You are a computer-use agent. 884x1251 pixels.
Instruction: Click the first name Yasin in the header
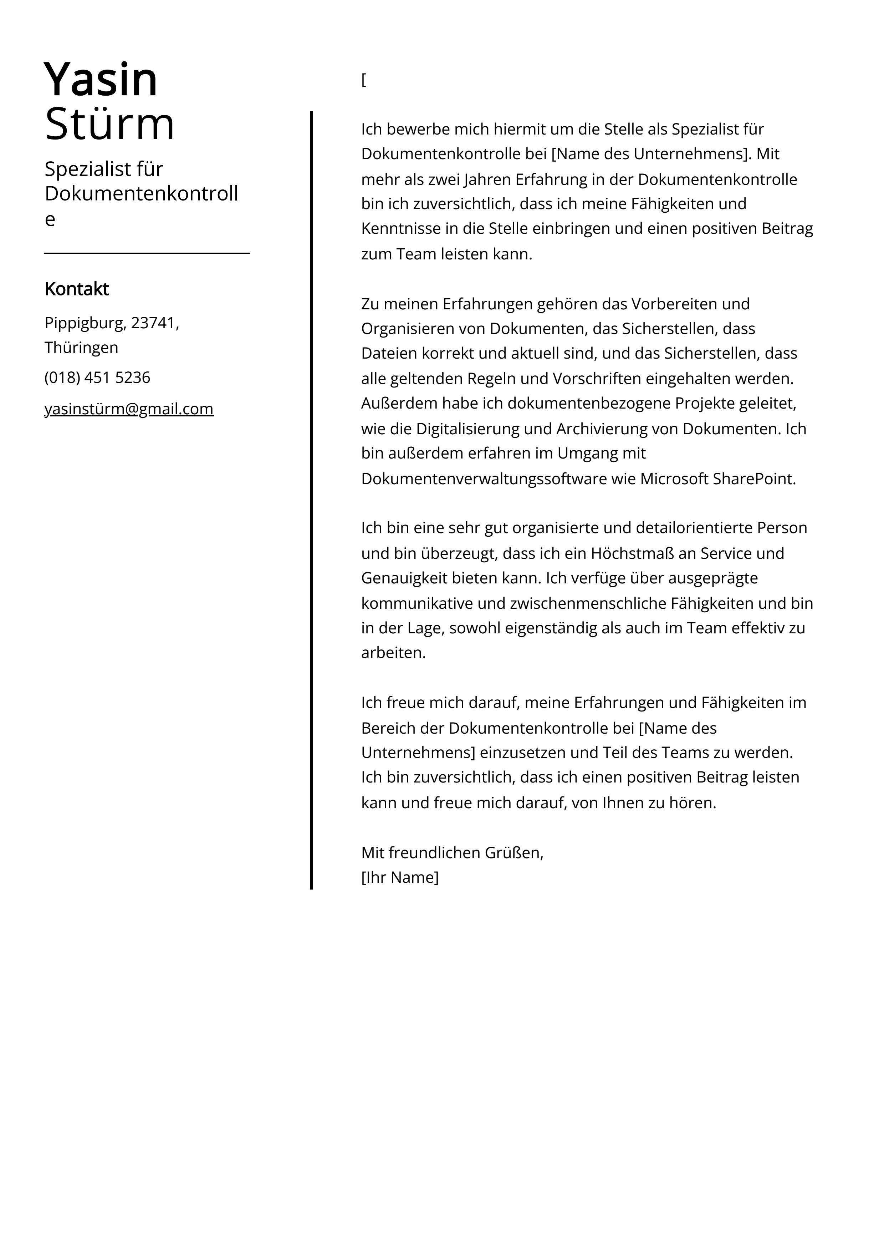pos(101,80)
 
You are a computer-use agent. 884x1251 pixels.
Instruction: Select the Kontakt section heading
pos(76,289)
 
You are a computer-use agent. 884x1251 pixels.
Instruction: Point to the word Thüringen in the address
pos(81,348)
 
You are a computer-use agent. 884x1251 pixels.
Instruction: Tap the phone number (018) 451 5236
pos(97,378)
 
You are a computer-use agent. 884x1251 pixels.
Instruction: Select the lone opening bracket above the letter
pos(364,80)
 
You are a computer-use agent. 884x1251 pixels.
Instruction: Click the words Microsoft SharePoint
pos(717,478)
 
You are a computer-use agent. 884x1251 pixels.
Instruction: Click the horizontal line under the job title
pos(147,253)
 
